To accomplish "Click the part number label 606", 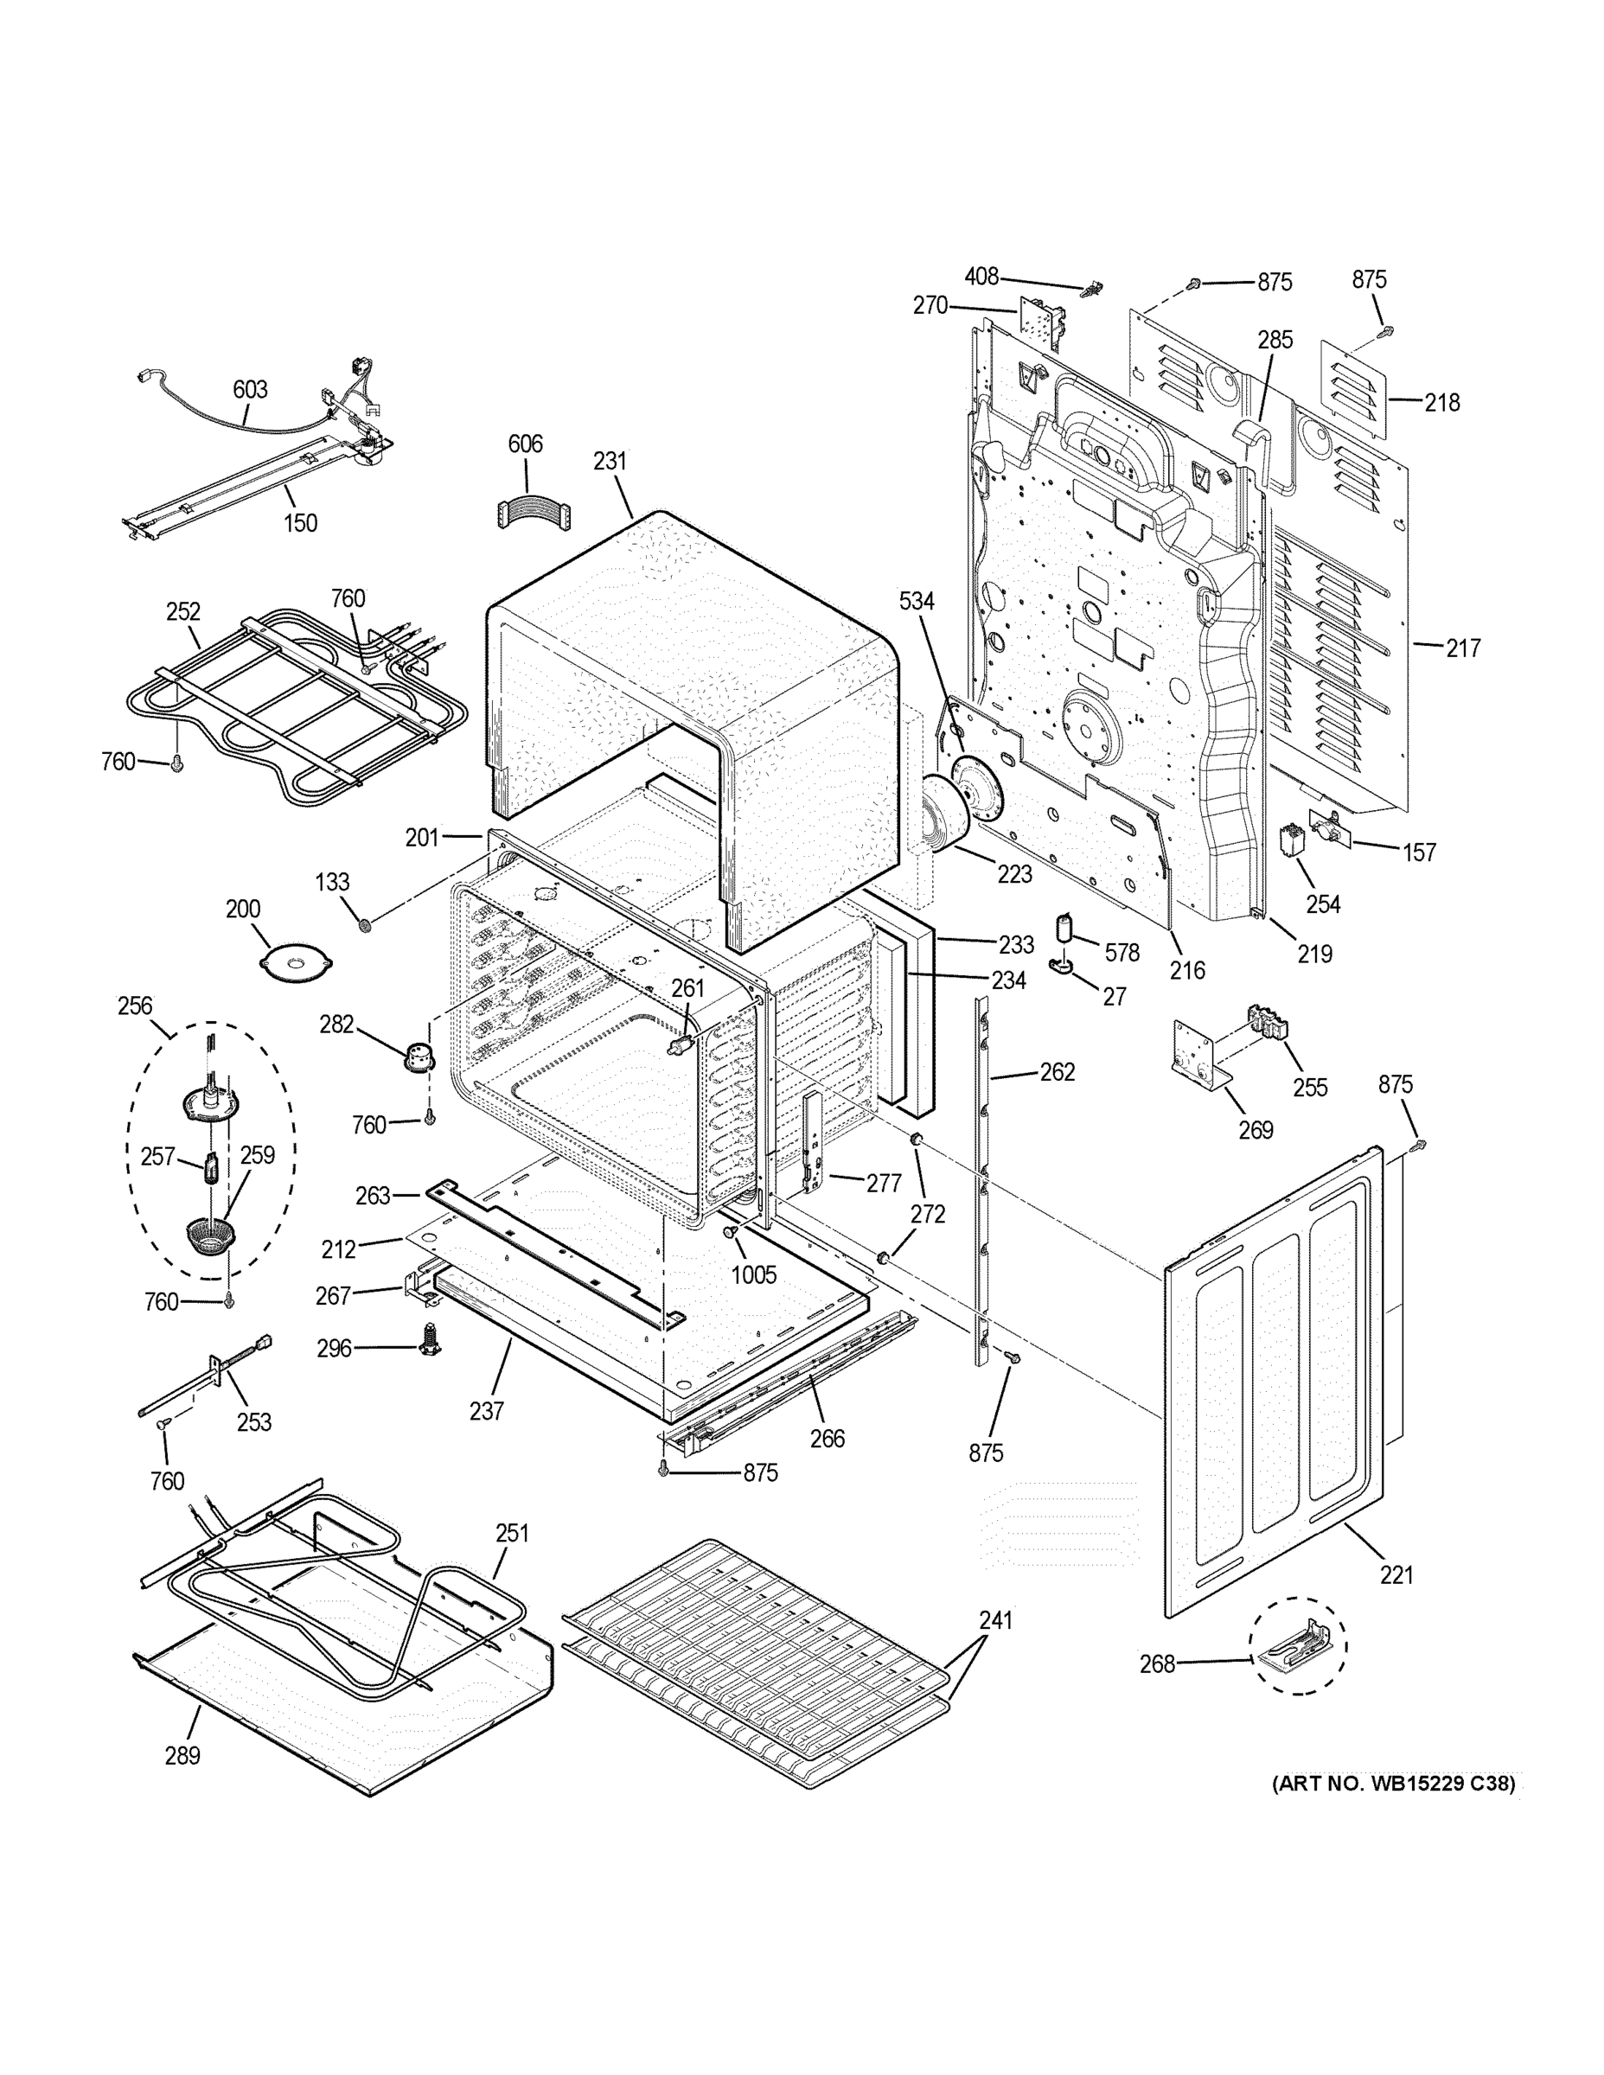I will tap(525, 444).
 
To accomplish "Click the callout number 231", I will tap(610, 461).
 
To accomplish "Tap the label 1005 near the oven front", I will tap(753, 1275).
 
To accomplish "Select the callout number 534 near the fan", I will tap(917, 602).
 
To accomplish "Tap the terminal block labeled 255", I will tap(1269, 1028).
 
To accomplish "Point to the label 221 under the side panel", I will tap(1396, 1575).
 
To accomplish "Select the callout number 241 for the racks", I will tap(996, 1621).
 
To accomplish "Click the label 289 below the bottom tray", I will tap(182, 1756).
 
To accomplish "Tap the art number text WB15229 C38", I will tap(1394, 1784).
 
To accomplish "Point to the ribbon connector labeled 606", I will tap(531, 513).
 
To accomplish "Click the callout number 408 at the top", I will tap(981, 277).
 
